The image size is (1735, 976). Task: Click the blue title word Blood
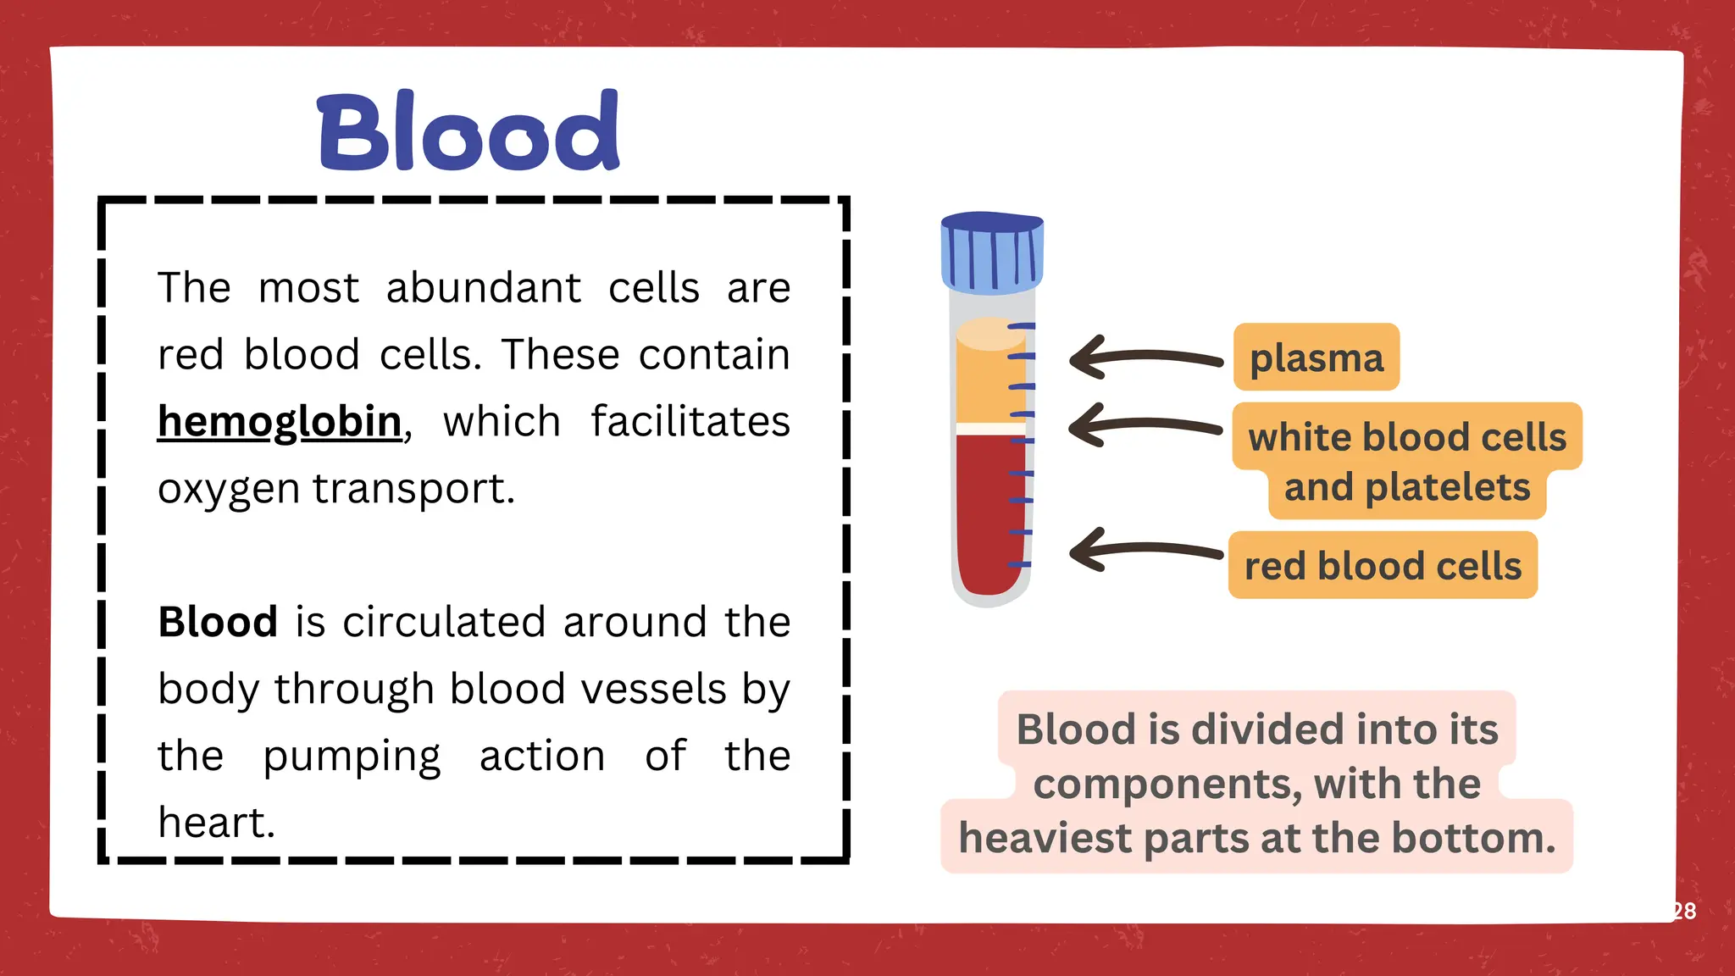468,132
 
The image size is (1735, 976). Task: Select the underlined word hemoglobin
280,422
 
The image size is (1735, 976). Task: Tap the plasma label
1316,358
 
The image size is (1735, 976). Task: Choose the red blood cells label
1383,566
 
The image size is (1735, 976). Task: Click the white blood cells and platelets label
1407,462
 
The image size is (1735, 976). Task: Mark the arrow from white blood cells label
1144,425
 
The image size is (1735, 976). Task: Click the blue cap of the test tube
992,252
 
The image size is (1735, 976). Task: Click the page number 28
1684,911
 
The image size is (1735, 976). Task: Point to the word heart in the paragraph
216,823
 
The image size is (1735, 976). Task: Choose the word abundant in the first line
484,288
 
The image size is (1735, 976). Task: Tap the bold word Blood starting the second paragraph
218,623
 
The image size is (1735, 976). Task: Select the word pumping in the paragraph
352,757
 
